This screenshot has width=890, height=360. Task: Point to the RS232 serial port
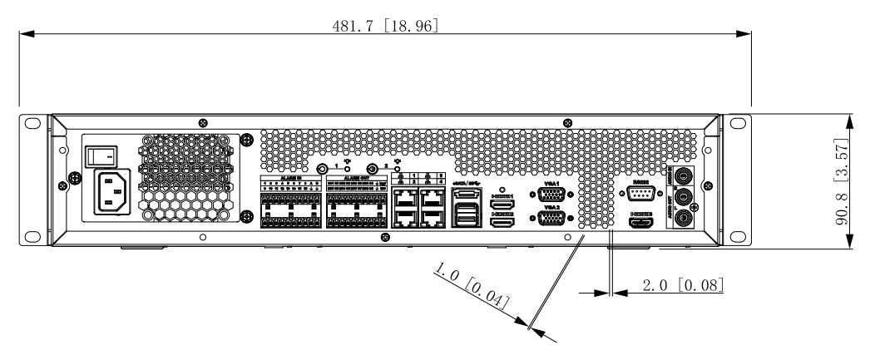click(640, 195)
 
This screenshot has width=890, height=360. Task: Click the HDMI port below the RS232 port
click(640, 224)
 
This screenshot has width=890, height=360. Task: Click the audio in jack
click(684, 175)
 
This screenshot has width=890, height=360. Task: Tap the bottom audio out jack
click(684, 219)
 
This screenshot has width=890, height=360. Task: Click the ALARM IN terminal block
click(290, 208)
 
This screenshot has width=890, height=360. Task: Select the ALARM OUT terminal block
click(355, 208)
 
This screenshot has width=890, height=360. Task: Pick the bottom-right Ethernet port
click(432, 219)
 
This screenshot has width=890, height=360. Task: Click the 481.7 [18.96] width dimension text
click(385, 26)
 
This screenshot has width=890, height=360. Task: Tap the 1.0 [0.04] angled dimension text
click(471, 287)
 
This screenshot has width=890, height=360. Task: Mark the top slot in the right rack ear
click(737, 122)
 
